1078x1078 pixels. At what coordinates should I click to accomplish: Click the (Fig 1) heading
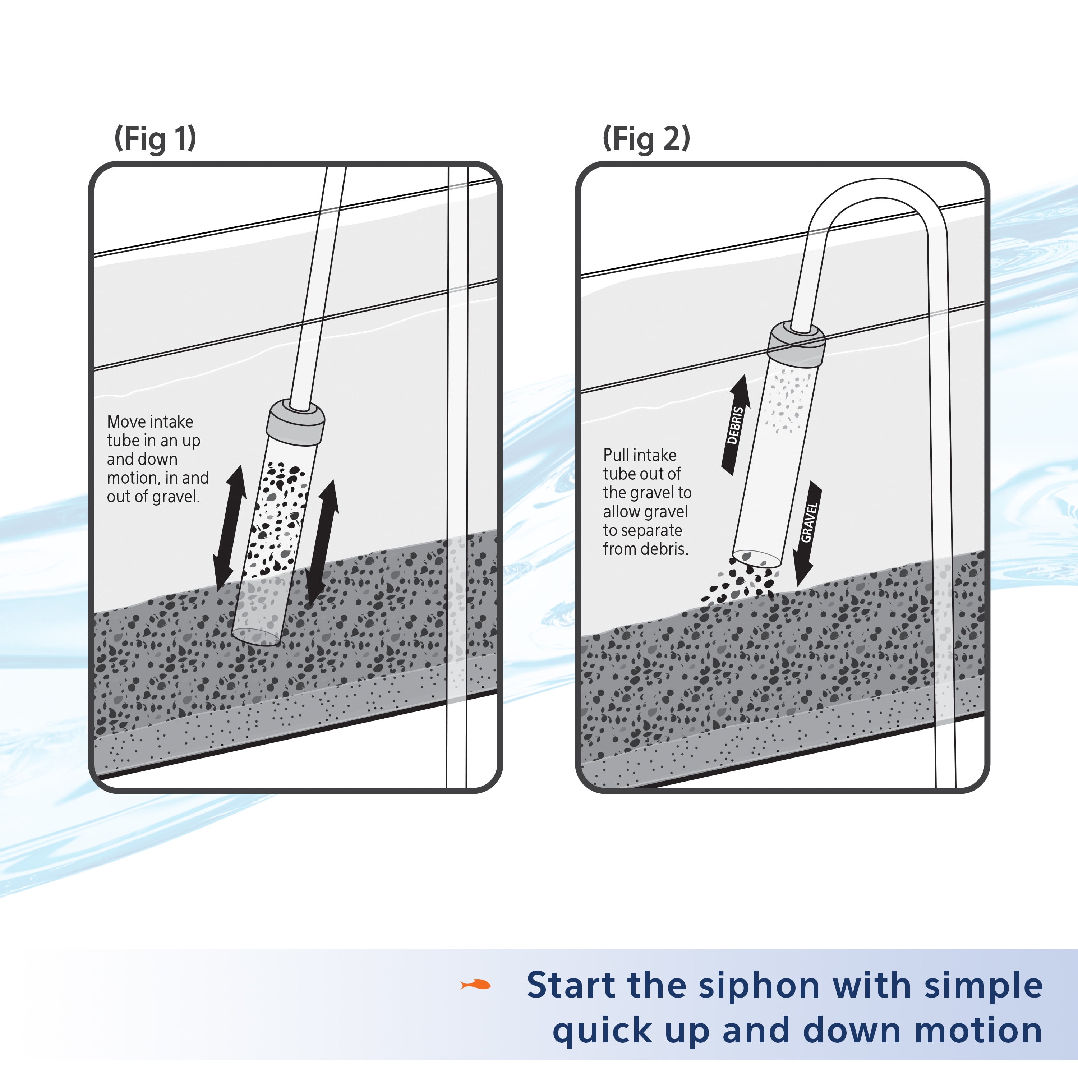coord(155,138)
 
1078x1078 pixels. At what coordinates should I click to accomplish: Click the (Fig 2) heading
coord(646,138)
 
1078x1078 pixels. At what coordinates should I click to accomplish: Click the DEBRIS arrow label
coord(736,425)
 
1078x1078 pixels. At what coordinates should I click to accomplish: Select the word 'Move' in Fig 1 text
coord(126,422)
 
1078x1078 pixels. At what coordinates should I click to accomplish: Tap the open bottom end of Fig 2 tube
coord(756,558)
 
